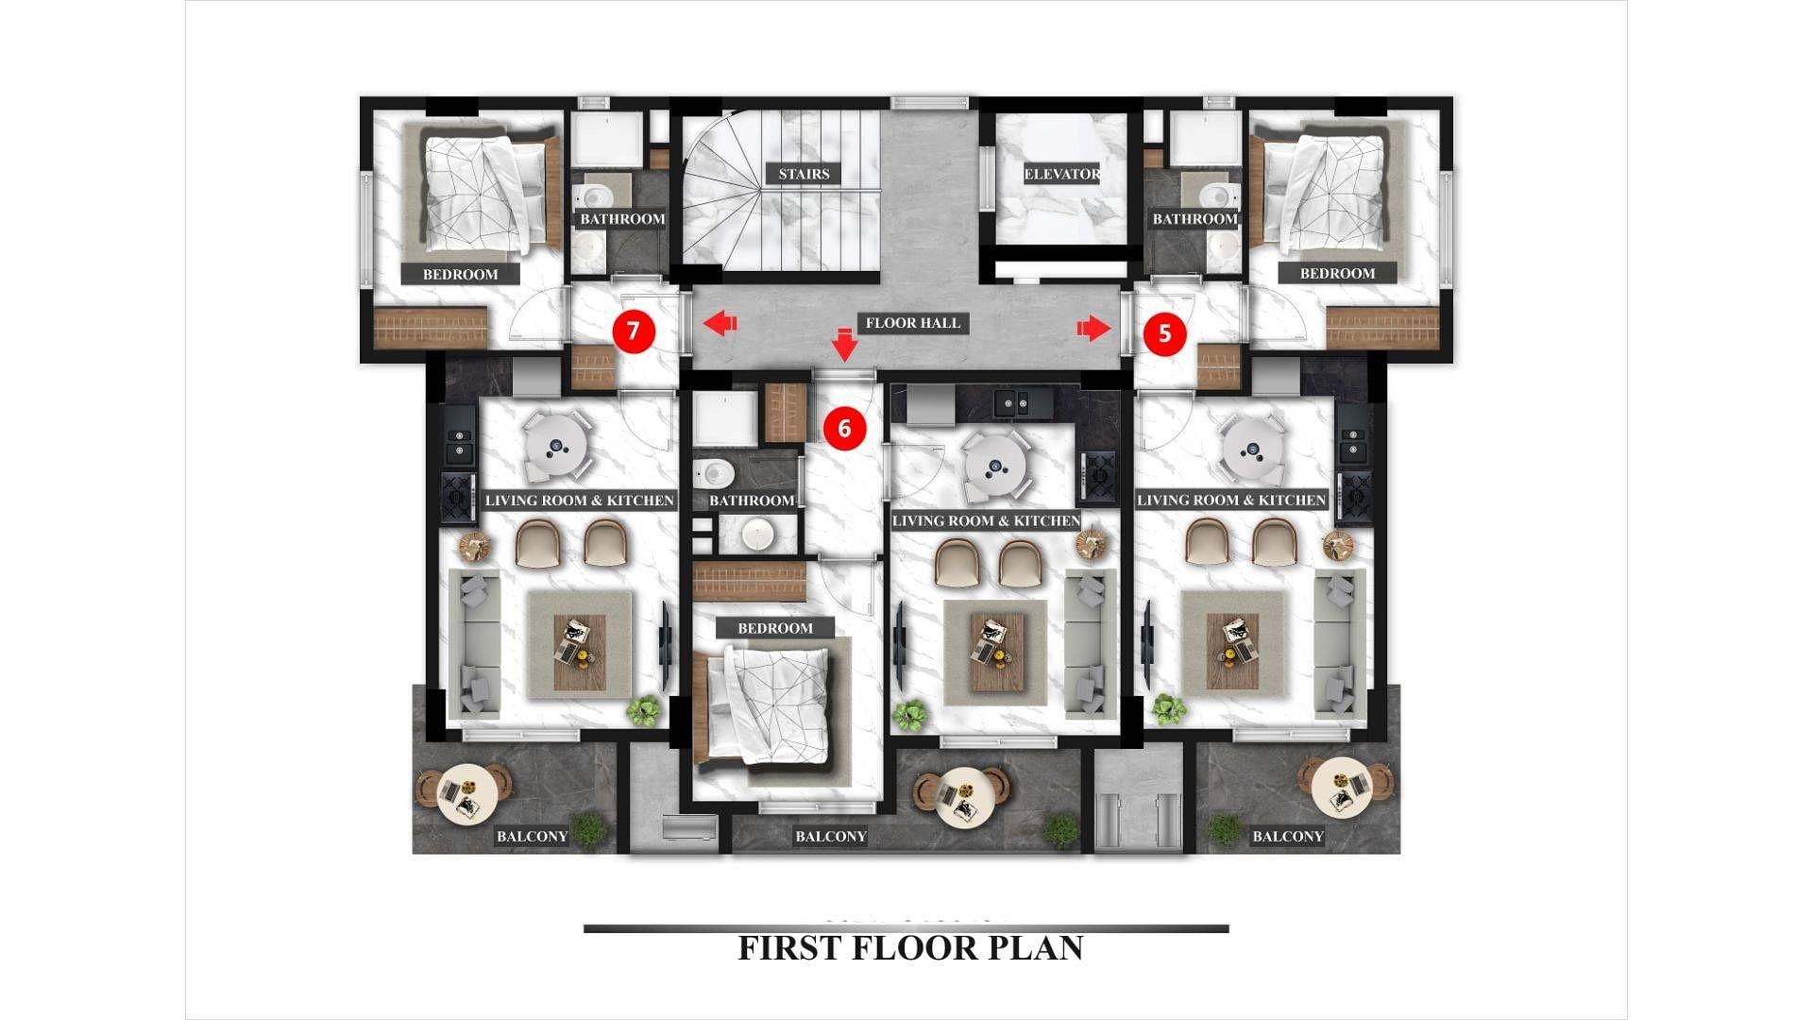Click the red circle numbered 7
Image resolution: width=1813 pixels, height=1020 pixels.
(x=634, y=331)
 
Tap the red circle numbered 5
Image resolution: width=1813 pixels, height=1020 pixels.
(x=1164, y=333)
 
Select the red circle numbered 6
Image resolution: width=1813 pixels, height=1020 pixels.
(x=844, y=429)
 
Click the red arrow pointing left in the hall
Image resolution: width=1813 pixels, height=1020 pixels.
(x=720, y=324)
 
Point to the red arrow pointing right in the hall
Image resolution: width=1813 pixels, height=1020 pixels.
(x=1094, y=328)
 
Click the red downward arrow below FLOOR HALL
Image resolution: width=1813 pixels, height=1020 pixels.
(x=845, y=344)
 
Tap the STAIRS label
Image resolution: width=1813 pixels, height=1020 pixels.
(x=804, y=174)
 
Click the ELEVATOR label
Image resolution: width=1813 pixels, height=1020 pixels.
(x=1062, y=174)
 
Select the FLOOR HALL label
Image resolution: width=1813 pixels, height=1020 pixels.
(x=913, y=323)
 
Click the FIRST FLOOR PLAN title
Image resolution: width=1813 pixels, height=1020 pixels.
(x=910, y=948)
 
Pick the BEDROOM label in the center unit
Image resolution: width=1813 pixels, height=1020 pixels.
(x=775, y=628)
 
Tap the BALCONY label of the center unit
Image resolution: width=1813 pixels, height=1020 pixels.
(x=831, y=836)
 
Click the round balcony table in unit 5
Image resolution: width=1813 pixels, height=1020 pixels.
(x=1342, y=786)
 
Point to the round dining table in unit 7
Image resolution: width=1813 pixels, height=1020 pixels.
(x=556, y=447)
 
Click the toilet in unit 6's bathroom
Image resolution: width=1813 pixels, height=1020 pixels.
(x=716, y=469)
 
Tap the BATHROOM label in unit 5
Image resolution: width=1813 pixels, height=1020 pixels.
(x=1195, y=219)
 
